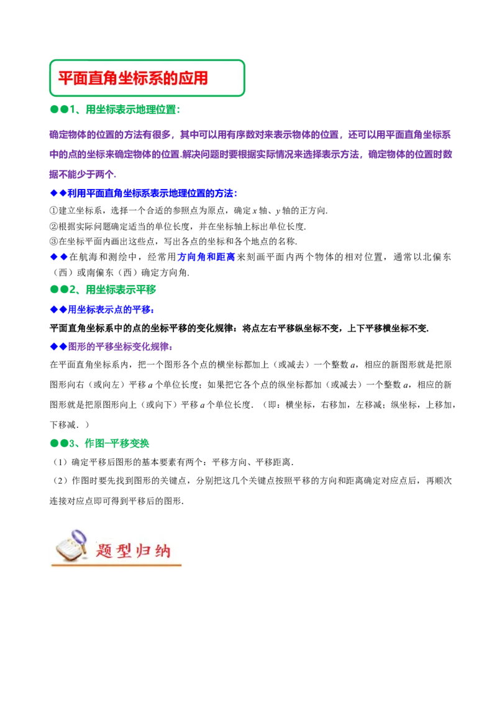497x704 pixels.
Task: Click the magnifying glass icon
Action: (78, 539)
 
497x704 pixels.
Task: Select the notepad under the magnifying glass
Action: (67, 550)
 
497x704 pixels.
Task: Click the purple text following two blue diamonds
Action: (119, 347)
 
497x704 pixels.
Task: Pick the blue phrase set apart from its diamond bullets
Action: (206, 257)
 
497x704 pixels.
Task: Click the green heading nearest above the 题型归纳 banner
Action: (100, 444)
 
